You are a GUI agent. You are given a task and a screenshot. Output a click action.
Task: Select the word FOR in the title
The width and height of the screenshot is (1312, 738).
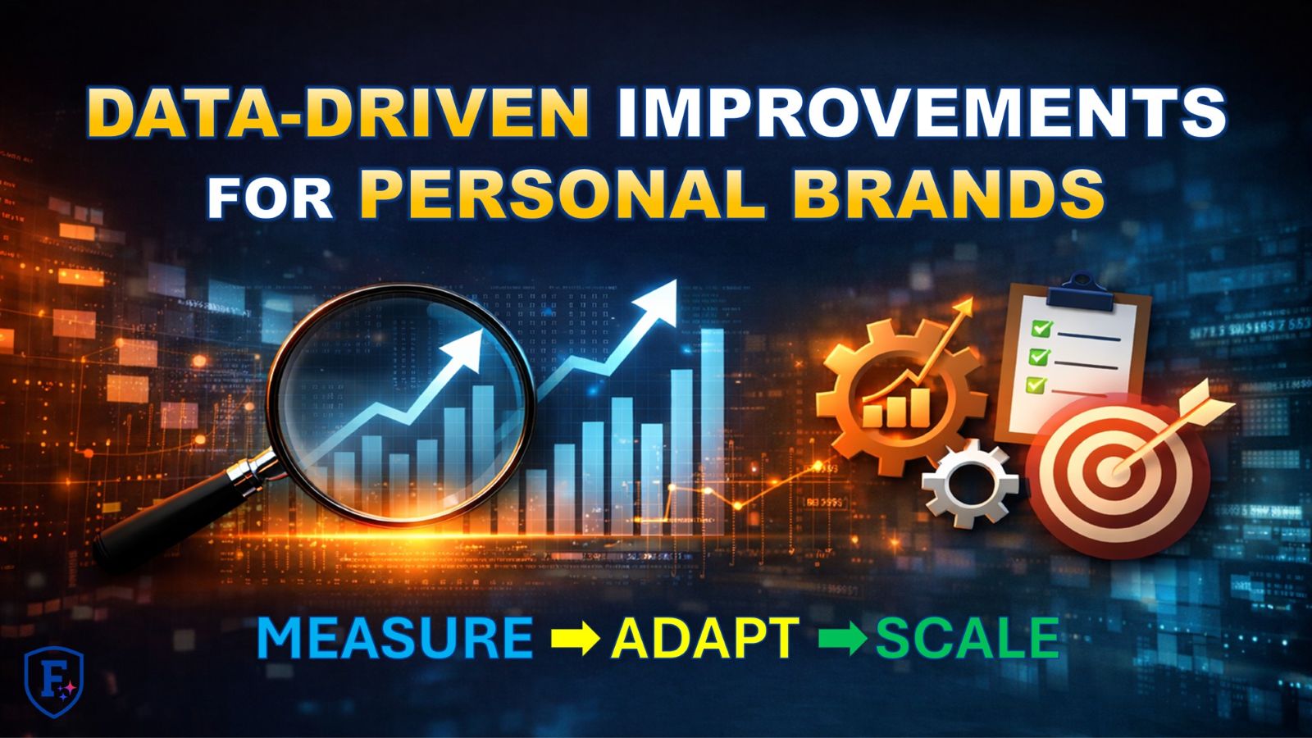[x=270, y=198]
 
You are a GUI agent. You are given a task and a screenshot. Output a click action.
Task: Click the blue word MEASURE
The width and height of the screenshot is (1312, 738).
[x=394, y=638]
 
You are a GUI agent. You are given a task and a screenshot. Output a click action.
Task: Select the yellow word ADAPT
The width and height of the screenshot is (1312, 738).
[x=705, y=638]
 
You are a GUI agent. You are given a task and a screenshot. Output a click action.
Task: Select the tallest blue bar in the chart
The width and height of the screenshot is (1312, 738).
[x=712, y=426]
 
